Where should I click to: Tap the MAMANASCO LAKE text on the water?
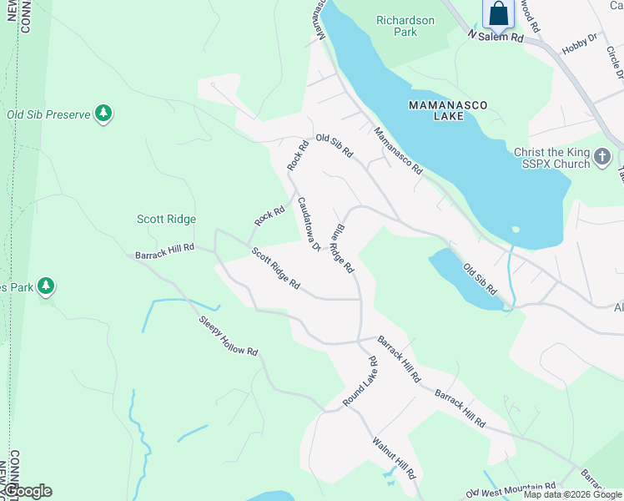pyautogui.click(x=447, y=110)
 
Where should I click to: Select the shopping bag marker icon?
pyautogui.click(x=498, y=14)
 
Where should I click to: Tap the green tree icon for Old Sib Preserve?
pyautogui.click(x=103, y=114)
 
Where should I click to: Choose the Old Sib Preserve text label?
pyautogui.click(x=48, y=114)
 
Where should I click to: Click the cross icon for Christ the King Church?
pyautogui.click(x=601, y=156)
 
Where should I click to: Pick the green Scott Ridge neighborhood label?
pyautogui.click(x=166, y=219)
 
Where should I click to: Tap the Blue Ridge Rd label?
pyautogui.click(x=342, y=249)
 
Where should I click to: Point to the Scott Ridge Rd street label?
pyautogui.click(x=275, y=268)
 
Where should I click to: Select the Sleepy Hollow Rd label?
pyautogui.click(x=228, y=336)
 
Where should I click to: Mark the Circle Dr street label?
pyautogui.click(x=616, y=60)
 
